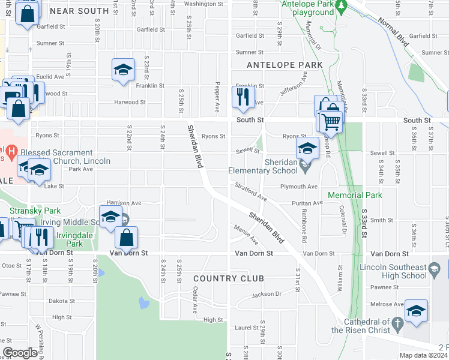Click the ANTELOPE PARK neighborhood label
point(285,65)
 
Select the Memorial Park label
point(355,196)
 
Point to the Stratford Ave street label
point(250,191)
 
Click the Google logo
point(20,353)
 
